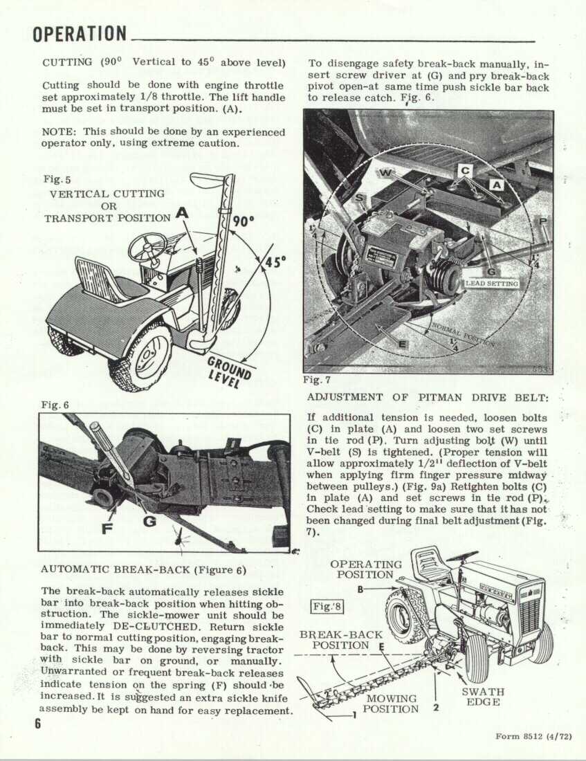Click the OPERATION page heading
[80, 34]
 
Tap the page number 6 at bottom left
[38, 723]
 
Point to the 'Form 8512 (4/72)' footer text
[533, 736]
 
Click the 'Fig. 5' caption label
[57, 180]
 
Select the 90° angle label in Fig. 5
[243, 221]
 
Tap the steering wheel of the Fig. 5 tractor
[147, 248]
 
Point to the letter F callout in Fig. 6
[107, 528]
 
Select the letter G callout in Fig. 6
[149, 522]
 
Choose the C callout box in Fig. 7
[465, 170]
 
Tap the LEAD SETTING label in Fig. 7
[492, 284]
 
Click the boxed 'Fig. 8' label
[327, 607]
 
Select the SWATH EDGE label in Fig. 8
[483, 697]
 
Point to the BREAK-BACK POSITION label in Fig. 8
[340, 640]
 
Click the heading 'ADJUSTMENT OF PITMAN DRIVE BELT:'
[428, 398]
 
